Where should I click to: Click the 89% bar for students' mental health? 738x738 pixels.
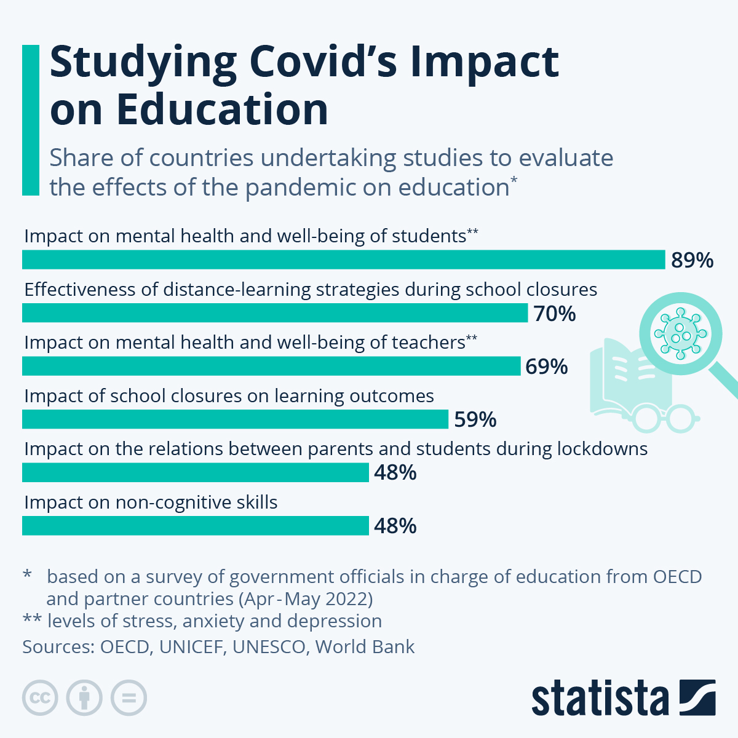coord(343,260)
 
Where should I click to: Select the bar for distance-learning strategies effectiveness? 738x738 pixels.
coord(275,313)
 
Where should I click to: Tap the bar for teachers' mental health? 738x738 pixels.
coord(271,366)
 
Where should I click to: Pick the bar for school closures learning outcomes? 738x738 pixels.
coord(235,419)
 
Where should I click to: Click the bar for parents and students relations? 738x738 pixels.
coord(195,472)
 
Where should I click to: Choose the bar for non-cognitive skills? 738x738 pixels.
coord(195,526)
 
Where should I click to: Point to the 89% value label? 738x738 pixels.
coord(692,260)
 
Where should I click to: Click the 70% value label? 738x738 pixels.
coord(555,314)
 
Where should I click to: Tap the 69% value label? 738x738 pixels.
coord(547,367)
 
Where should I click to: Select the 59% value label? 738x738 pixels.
coord(475,419)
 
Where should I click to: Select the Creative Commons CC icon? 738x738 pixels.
coord(40,698)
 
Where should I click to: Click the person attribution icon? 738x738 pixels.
coord(84,698)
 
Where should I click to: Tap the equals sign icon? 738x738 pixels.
coord(129,698)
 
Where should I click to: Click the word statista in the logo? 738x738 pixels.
coord(600,698)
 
